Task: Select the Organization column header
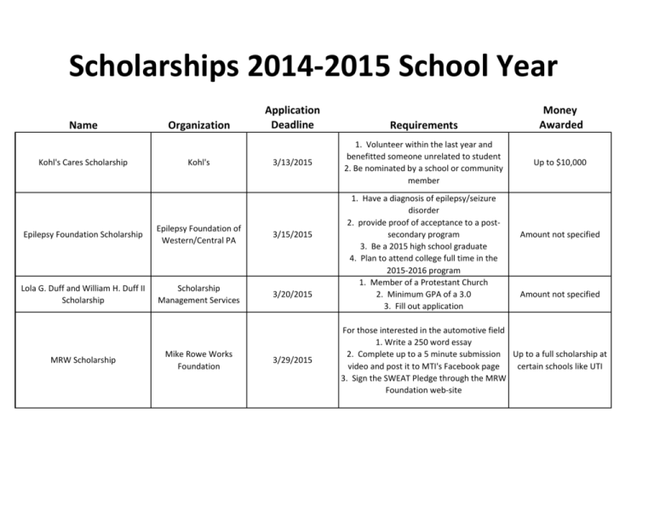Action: coord(198,125)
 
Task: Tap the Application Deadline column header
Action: coord(292,118)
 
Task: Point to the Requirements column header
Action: coord(420,125)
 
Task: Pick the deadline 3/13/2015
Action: coord(292,162)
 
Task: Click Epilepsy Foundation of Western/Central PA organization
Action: coord(198,234)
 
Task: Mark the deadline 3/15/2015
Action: coord(292,234)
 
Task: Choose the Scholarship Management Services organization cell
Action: coord(198,294)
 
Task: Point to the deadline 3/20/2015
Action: coord(292,294)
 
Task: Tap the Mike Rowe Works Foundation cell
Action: coord(198,360)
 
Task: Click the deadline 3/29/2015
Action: coord(292,360)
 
